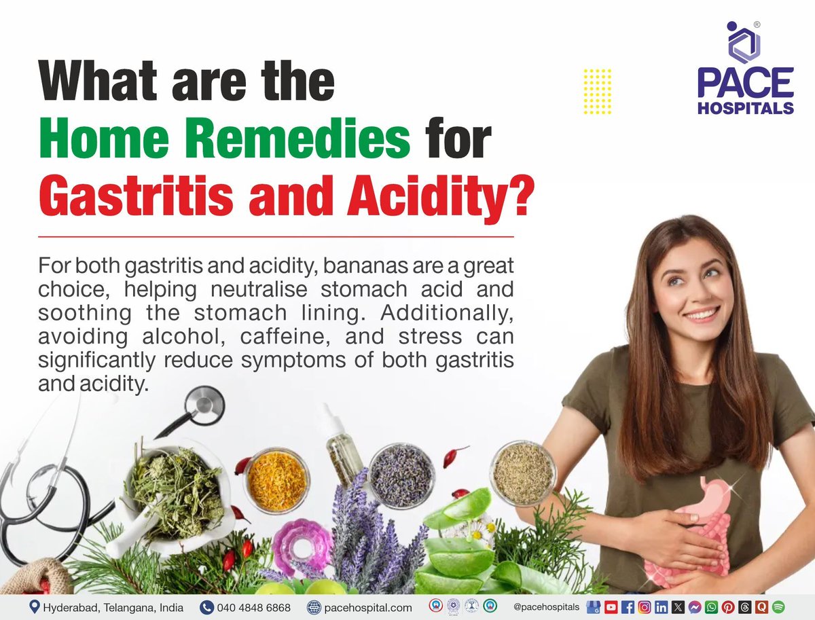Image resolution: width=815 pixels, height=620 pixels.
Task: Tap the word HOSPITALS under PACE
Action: [745, 109]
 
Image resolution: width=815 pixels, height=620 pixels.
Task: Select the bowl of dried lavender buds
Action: [401, 475]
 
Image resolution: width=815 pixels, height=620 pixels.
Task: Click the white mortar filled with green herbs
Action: [170, 489]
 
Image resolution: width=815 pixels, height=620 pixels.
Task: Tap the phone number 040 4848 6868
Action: [253, 606]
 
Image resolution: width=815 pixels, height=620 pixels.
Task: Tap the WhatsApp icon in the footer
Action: [711, 606]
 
